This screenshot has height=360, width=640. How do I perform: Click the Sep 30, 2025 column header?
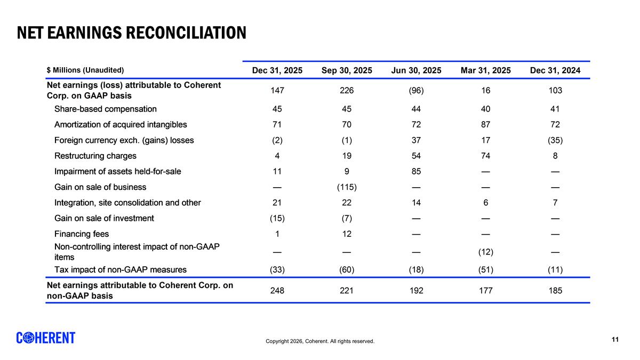pyautogui.click(x=347, y=70)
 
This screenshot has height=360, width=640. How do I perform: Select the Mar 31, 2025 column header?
pyautogui.click(x=485, y=70)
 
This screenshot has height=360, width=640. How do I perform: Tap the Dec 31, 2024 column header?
pyautogui.click(x=555, y=70)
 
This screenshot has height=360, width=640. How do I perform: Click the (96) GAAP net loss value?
pyautogui.click(x=416, y=90)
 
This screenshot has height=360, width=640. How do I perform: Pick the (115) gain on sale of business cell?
pyautogui.click(x=347, y=187)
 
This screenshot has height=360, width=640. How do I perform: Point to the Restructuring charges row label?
pyautogui.click(x=95, y=156)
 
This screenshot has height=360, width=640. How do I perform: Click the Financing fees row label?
pyautogui.click(x=82, y=234)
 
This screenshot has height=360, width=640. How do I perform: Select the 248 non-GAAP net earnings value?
pyautogui.click(x=277, y=291)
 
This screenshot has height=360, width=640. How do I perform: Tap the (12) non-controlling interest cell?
pyautogui.click(x=485, y=252)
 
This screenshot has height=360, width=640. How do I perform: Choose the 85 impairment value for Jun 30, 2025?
pyautogui.click(x=416, y=171)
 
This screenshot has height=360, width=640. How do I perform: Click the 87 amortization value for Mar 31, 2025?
pyautogui.click(x=485, y=125)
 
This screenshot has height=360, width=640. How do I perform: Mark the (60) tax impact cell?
pyautogui.click(x=347, y=270)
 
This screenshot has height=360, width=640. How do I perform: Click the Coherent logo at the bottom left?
pyautogui.click(x=46, y=338)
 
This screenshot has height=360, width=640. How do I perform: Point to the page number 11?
pyautogui.click(x=615, y=339)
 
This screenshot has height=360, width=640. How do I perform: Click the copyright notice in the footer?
pyautogui.click(x=320, y=341)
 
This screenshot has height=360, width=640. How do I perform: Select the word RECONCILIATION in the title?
pyautogui.click(x=186, y=33)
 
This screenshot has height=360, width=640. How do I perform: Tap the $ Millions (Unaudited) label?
pyautogui.click(x=85, y=70)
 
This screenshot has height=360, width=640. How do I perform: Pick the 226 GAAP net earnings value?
pyautogui.click(x=347, y=90)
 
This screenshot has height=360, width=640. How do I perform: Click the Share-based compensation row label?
pyautogui.click(x=106, y=109)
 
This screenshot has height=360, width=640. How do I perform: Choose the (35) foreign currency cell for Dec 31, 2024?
pyautogui.click(x=555, y=140)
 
